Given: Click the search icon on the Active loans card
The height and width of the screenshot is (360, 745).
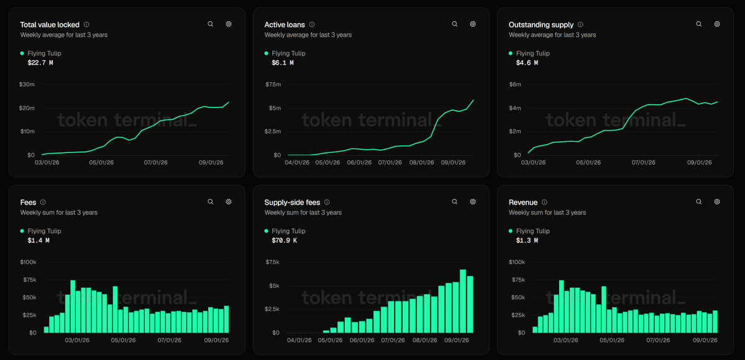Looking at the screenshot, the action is pyautogui.click(x=455, y=24).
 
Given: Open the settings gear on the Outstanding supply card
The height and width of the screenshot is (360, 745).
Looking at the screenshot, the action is pyautogui.click(x=717, y=24).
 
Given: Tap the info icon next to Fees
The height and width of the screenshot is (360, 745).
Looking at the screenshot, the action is pyautogui.click(x=43, y=202).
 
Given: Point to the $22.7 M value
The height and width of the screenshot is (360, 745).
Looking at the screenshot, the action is pyautogui.click(x=39, y=62).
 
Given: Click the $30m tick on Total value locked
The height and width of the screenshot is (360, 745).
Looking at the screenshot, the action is pyautogui.click(x=27, y=85).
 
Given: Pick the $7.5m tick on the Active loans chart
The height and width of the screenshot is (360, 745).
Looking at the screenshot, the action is pyautogui.click(x=273, y=85).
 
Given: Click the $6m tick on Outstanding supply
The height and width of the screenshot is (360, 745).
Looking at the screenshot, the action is pyautogui.click(x=515, y=85).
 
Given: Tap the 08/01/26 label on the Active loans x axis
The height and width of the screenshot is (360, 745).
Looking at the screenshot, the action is pyautogui.click(x=421, y=163).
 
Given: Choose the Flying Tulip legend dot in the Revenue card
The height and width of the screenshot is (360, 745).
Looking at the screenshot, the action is pyautogui.click(x=511, y=231).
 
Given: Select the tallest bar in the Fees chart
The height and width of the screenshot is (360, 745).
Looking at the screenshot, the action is pyautogui.click(x=73, y=307).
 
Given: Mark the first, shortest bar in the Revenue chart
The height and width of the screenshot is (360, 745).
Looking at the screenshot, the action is pyautogui.click(x=535, y=330).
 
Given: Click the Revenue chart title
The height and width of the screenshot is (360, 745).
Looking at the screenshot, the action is pyautogui.click(x=523, y=202).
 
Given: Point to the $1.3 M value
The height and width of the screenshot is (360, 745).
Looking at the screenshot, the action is pyautogui.click(x=527, y=240).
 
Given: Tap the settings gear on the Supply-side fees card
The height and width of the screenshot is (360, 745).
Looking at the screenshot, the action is pyautogui.click(x=473, y=201).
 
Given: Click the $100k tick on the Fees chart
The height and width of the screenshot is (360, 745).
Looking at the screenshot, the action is pyautogui.click(x=29, y=262).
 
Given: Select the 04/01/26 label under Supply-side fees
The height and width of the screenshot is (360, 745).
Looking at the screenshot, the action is pyautogui.click(x=299, y=341).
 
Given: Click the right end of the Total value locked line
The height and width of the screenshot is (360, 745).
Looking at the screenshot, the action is pyautogui.click(x=229, y=102).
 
